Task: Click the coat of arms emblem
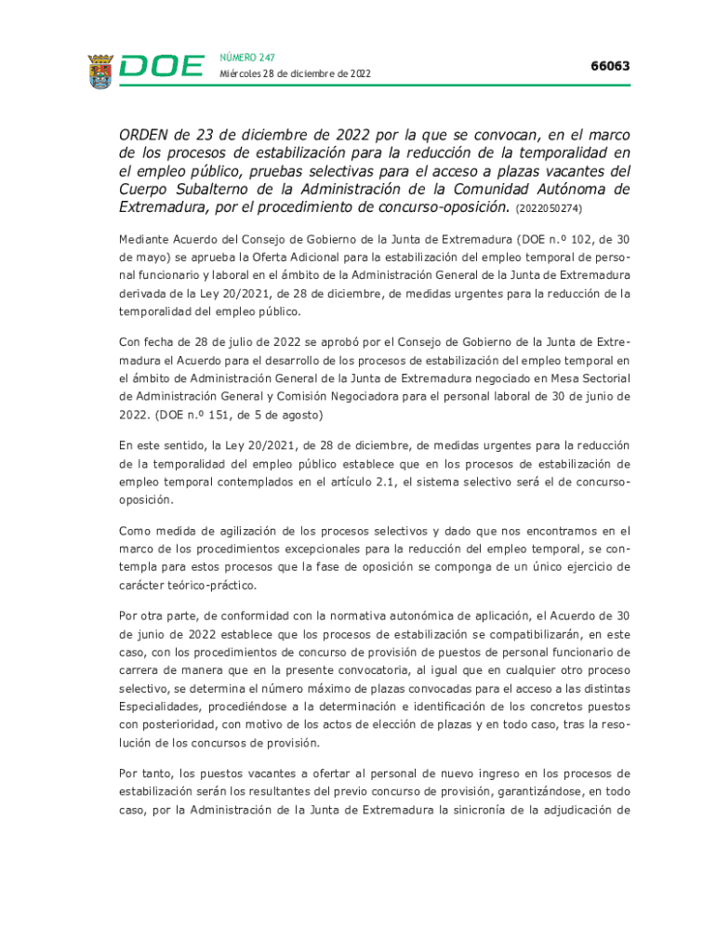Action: click(100, 72)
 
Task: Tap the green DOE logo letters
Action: click(162, 67)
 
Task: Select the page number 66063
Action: click(610, 66)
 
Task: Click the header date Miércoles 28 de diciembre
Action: click(295, 74)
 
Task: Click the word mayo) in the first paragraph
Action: click(154, 258)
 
